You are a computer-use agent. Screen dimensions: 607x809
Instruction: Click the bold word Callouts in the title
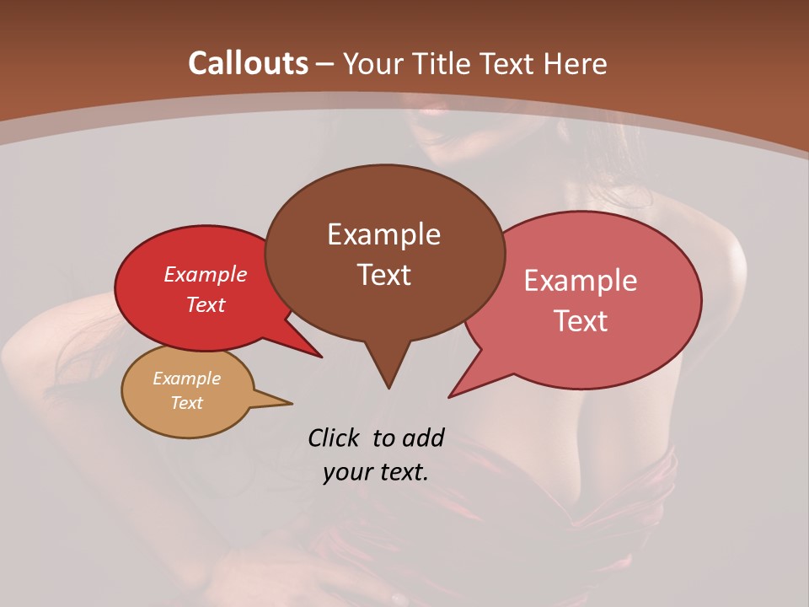[x=248, y=63]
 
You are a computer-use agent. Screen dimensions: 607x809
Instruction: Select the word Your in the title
[x=372, y=63]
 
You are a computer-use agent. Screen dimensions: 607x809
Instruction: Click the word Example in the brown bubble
[x=383, y=234]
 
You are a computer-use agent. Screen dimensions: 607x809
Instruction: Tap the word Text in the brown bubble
[x=383, y=275]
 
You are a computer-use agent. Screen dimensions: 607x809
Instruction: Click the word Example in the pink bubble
[x=581, y=281]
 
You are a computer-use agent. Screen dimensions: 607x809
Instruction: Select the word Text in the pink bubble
[x=581, y=321]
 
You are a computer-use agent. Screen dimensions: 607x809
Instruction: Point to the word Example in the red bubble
[x=206, y=274]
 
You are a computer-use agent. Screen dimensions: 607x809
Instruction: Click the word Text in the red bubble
[x=206, y=304]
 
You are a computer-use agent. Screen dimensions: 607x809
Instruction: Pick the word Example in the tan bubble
[x=186, y=379]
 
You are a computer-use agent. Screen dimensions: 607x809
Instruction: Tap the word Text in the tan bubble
[x=186, y=403]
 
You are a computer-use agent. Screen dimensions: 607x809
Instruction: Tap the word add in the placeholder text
[x=423, y=438]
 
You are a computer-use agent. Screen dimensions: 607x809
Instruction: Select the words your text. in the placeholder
[x=376, y=472]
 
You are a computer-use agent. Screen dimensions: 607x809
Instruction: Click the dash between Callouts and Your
[x=325, y=64]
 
